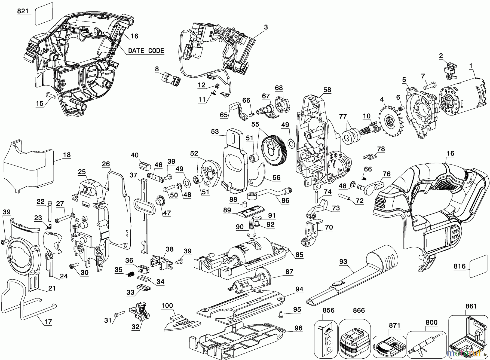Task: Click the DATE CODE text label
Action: point(146,51)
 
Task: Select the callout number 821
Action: point(23,11)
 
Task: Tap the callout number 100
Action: point(167,305)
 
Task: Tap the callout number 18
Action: point(67,155)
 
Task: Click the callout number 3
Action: point(266,27)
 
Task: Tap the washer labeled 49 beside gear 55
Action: point(291,143)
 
